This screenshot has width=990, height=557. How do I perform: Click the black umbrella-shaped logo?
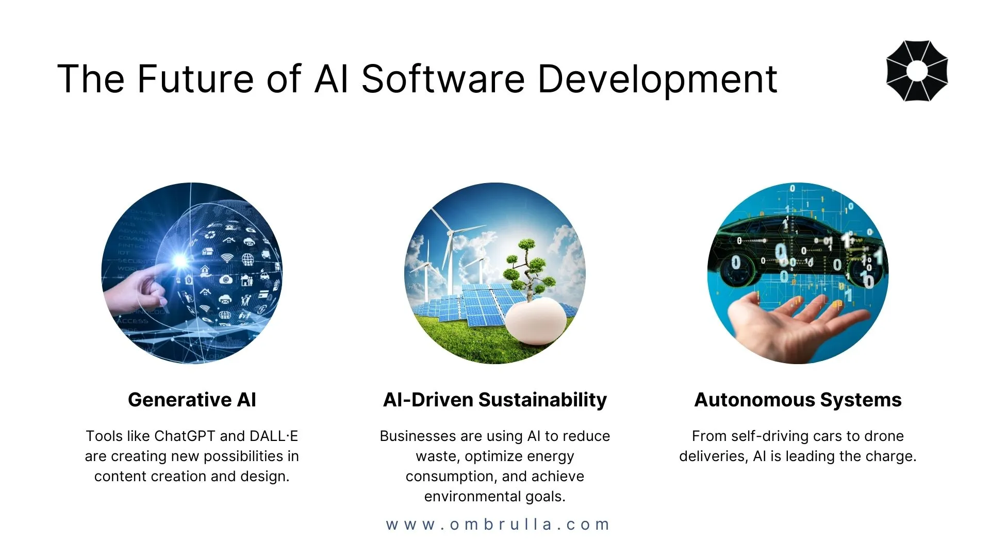click(917, 71)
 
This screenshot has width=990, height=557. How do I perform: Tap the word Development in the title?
click(657, 80)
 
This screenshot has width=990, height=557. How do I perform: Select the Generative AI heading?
click(192, 400)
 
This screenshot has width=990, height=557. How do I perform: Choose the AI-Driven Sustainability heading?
click(495, 400)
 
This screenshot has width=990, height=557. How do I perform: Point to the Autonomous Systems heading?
click(798, 400)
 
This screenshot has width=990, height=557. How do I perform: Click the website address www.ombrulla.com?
click(498, 525)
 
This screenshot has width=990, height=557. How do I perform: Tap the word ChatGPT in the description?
click(185, 436)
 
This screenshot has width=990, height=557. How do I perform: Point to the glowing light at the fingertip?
click(180, 260)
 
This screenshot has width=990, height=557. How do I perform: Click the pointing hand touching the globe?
click(137, 289)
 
